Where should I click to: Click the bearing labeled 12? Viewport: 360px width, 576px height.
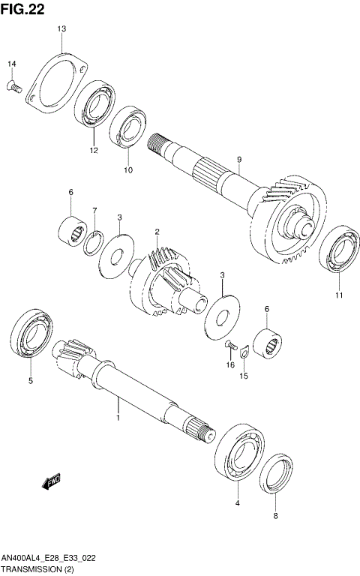tap(94, 106)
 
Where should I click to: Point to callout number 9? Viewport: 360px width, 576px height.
tap(238, 159)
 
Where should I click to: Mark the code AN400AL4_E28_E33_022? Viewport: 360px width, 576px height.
tap(49, 559)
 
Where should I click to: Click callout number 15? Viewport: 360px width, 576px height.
tap(243, 376)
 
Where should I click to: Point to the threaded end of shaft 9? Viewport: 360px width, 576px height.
tap(157, 144)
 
